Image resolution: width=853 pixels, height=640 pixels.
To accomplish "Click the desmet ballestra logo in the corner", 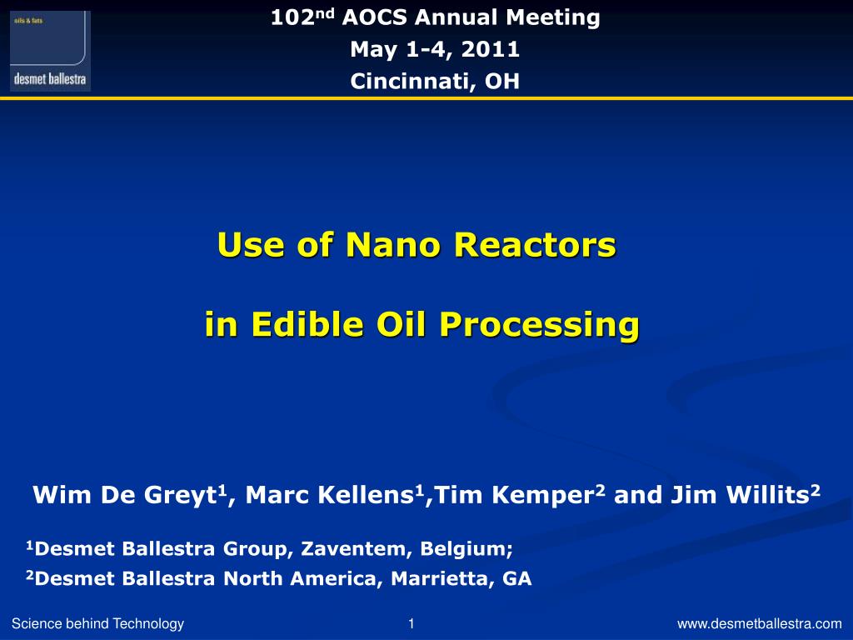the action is pos(50,51).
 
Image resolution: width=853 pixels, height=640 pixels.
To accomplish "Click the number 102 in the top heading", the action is pos(292,17).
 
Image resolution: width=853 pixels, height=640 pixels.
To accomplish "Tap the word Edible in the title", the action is pos(307,324).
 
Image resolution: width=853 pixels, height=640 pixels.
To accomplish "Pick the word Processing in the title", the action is pos(540,326).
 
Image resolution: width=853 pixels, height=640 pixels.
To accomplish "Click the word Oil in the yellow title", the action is pos(402,324).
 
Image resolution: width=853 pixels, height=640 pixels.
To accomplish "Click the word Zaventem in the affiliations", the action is pos(353,548).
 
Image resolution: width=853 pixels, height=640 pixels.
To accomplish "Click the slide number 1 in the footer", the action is pos(412,623).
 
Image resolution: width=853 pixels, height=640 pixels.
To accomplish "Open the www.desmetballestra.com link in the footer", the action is pos(760,623).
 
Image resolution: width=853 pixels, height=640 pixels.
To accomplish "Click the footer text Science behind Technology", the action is pos(98,623).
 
